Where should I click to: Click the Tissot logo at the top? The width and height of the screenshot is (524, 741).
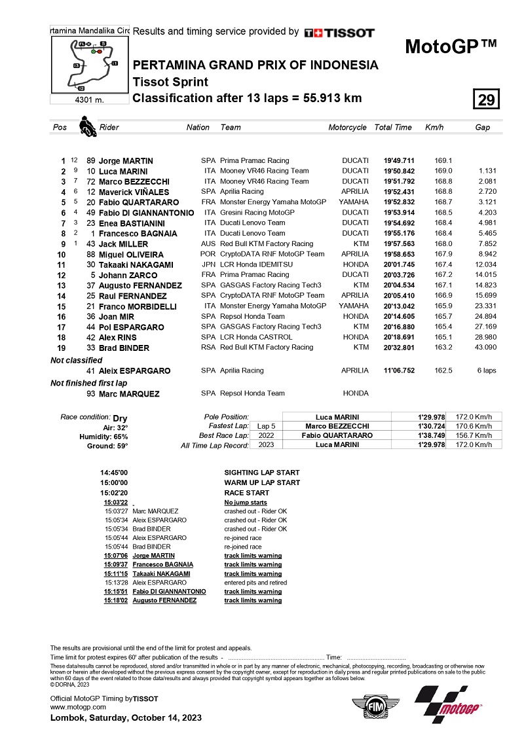(x=339, y=32)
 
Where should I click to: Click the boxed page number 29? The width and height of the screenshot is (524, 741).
(x=486, y=99)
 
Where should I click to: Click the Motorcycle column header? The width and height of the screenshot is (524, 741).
(x=347, y=128)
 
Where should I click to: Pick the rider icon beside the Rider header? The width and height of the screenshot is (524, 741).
(x=84, y=126)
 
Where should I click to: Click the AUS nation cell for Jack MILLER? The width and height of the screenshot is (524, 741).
(x=209, y=244)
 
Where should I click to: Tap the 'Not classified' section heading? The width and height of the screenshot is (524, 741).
(x=77, y=360)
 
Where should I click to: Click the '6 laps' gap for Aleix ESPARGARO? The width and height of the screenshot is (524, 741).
(x=486, y=370)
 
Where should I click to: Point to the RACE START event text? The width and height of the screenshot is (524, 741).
(x=246, y=493)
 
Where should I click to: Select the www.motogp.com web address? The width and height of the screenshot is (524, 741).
(x=78, y=707)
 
